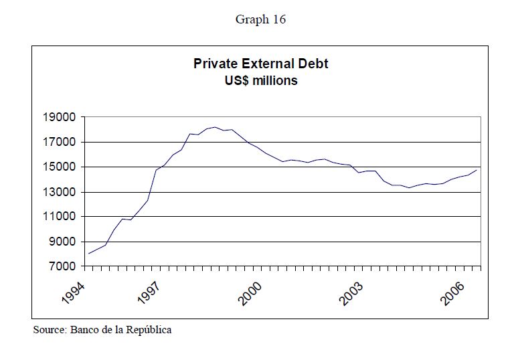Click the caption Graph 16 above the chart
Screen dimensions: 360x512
click(x=260, y=19)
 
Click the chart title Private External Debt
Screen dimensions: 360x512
click(x=260, y=64)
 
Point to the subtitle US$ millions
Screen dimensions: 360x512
click(x=260, y=80)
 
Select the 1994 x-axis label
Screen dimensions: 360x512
click(x=74, y=293)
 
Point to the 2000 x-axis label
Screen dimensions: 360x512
click(x=251, y=293)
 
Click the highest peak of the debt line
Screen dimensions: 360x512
click(x=215, y=126)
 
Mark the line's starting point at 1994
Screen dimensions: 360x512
click(x=89, y=254)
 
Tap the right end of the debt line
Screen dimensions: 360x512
click(x=476, y=170)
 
